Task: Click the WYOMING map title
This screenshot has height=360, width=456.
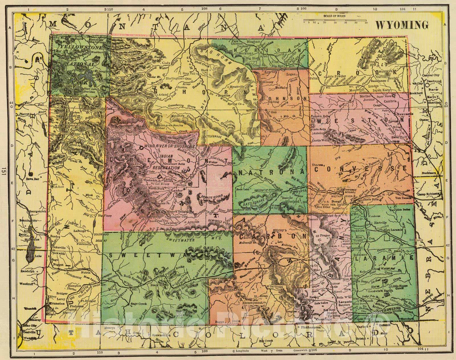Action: pyautogui.click(x=402, y=25)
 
